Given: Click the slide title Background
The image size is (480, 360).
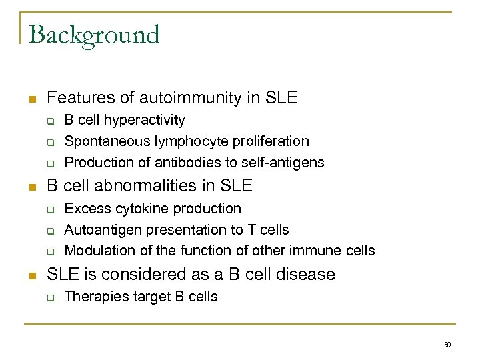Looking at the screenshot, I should click(x=94, y=35).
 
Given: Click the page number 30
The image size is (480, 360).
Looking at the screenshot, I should click(x=447, y=345).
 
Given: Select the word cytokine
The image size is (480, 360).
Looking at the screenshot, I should click(x=135, y=209).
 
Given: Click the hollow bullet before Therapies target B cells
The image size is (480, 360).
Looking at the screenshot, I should click(x=49, y=297).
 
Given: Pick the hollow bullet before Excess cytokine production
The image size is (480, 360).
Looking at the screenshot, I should click(x=49, y=209).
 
